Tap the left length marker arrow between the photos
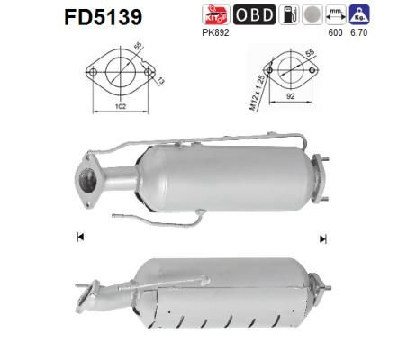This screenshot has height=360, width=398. click(x=80, y=237)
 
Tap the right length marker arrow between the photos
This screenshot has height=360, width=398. click(x=322, y=238)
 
